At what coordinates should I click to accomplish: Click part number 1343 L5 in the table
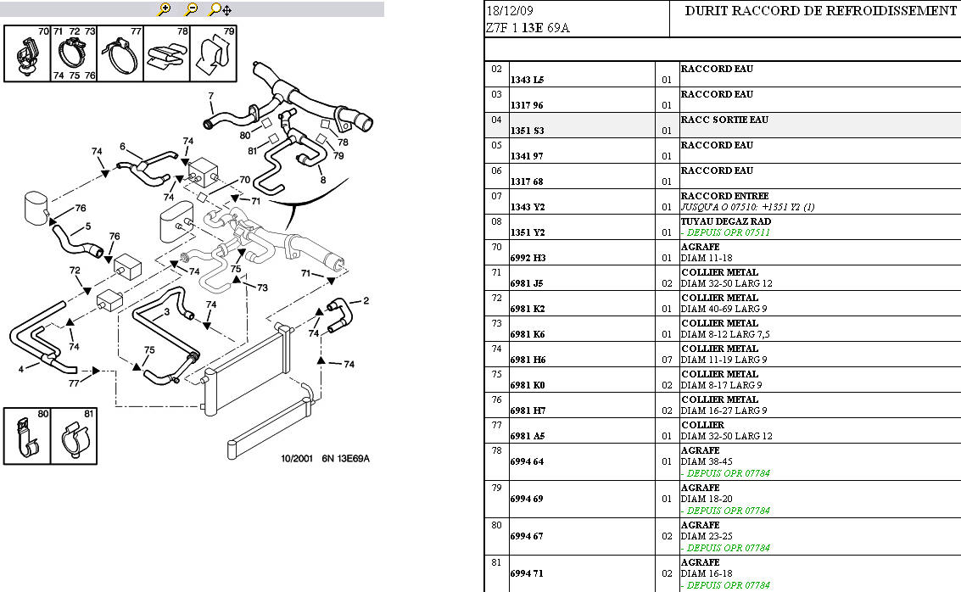[x=527, y=80]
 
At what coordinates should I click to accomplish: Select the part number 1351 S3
[x=527, y=131]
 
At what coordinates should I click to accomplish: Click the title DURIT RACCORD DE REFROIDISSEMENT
[x=819, y=11]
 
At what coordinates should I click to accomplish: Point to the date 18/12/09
[x=510, y=11]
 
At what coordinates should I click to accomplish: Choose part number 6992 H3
[x=528, y=258]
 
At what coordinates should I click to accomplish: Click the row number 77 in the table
[x=497, y=425]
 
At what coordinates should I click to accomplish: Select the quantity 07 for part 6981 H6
[x=667, y=360]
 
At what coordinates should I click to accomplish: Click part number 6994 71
[x=526, y=573]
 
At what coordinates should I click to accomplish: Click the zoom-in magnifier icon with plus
[x=165, y=9]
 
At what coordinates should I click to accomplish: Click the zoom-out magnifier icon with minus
[x=191, y=9]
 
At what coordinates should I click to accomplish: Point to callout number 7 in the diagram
[x=211, y=95]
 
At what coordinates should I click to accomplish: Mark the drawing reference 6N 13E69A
[x=345, y=459]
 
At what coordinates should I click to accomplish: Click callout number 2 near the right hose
[x=366, y=300]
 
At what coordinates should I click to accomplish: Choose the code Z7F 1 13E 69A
[x=528, y=28]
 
